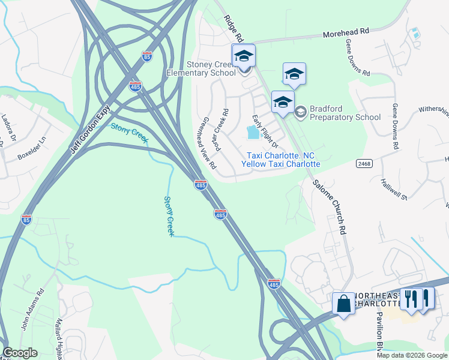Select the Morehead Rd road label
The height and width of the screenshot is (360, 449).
click(346, 34)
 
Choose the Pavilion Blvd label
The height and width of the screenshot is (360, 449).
click(380, 337)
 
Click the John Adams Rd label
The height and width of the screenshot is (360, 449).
click(34, 310)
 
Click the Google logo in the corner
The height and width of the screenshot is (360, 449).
click(19, 353)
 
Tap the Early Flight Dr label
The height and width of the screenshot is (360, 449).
click(265, 131)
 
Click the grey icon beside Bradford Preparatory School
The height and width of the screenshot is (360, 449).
click(301, 111)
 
